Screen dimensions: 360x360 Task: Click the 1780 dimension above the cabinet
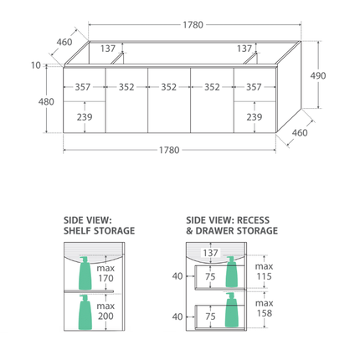pyautogui.click(x=193, y=25)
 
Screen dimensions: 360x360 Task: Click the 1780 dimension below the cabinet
pyautogui.click(x=169, y=150)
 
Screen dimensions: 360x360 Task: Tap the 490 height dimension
pyautogui.click(x=318, y=75)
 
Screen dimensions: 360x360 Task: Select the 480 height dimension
pyautogui.click(x=46, y=101)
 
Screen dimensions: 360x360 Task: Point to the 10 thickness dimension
pyautogui.click(x=36, y=65)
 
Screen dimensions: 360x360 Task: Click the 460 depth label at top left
pyautogui.click(x=64, y=42)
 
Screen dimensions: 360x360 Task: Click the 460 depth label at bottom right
pyautogui.click(x=300, y=132)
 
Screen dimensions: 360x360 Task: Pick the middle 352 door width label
pyautogui.click(x=169, y=87)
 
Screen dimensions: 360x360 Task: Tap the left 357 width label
pyautogui.click(x=83, y=87)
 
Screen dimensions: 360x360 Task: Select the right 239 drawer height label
pyautogui.click(x=254, y=117)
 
